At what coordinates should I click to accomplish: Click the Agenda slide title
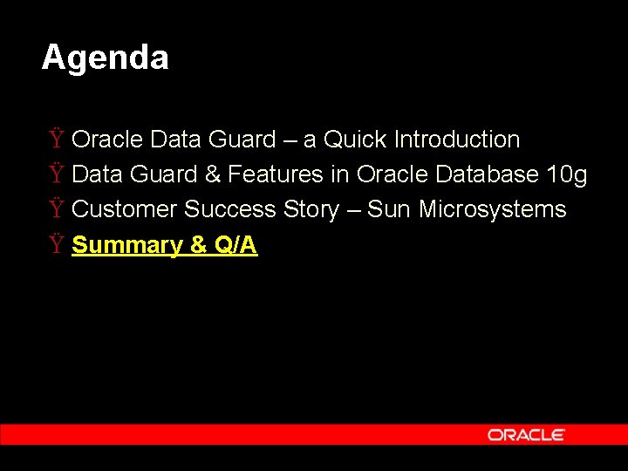(x=105, y=58)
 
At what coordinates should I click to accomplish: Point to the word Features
(x=276, y=174)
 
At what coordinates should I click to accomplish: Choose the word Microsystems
(x=492, y=209)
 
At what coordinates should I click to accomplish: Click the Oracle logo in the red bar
(x=526, y=434)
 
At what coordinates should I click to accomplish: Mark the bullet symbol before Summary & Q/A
(x=56, y=245)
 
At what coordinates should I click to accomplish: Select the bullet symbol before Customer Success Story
(x=56, y=209)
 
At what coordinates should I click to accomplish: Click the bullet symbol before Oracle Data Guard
(x=56, y=140)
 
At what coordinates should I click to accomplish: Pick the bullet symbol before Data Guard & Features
(x=56, y=174)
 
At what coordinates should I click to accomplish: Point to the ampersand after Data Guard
(x=213, y=174)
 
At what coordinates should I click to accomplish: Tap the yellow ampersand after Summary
(x=199, y=245)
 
